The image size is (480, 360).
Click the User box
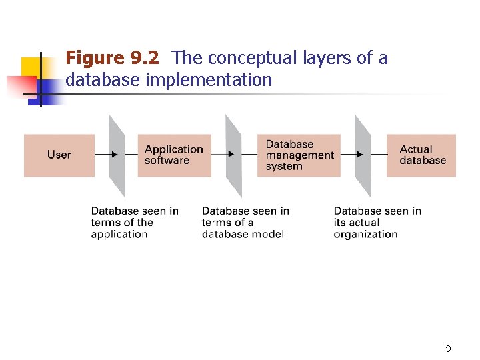coord(59,155)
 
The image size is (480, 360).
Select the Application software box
coord(174,155)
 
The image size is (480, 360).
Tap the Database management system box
coord(299,155)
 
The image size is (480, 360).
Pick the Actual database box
coord(421,155)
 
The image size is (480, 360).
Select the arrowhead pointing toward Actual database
coord(360,155)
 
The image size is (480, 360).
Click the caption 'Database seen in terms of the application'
coord(135,223)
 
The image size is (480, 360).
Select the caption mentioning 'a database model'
coord(245,223)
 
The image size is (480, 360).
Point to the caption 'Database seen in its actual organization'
coord(377,223)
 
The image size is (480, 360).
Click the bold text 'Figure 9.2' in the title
coord(112,59)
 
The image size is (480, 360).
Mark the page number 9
coord(448,349)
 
